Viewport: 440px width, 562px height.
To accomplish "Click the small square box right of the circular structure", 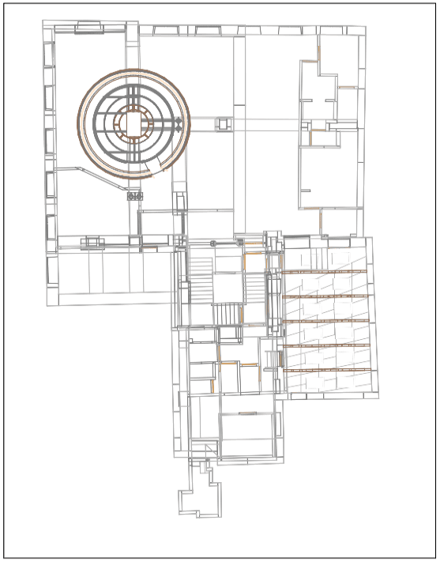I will tap(223, 123).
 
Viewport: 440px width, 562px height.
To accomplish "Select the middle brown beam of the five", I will tap(326, 321).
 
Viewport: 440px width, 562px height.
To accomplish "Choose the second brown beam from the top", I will tap(326, 296).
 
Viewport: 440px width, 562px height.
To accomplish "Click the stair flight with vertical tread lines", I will tap(228, 314).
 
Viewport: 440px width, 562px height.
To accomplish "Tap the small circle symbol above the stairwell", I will tap(213, 242).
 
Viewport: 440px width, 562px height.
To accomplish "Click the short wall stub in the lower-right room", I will tap(245, 413).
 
